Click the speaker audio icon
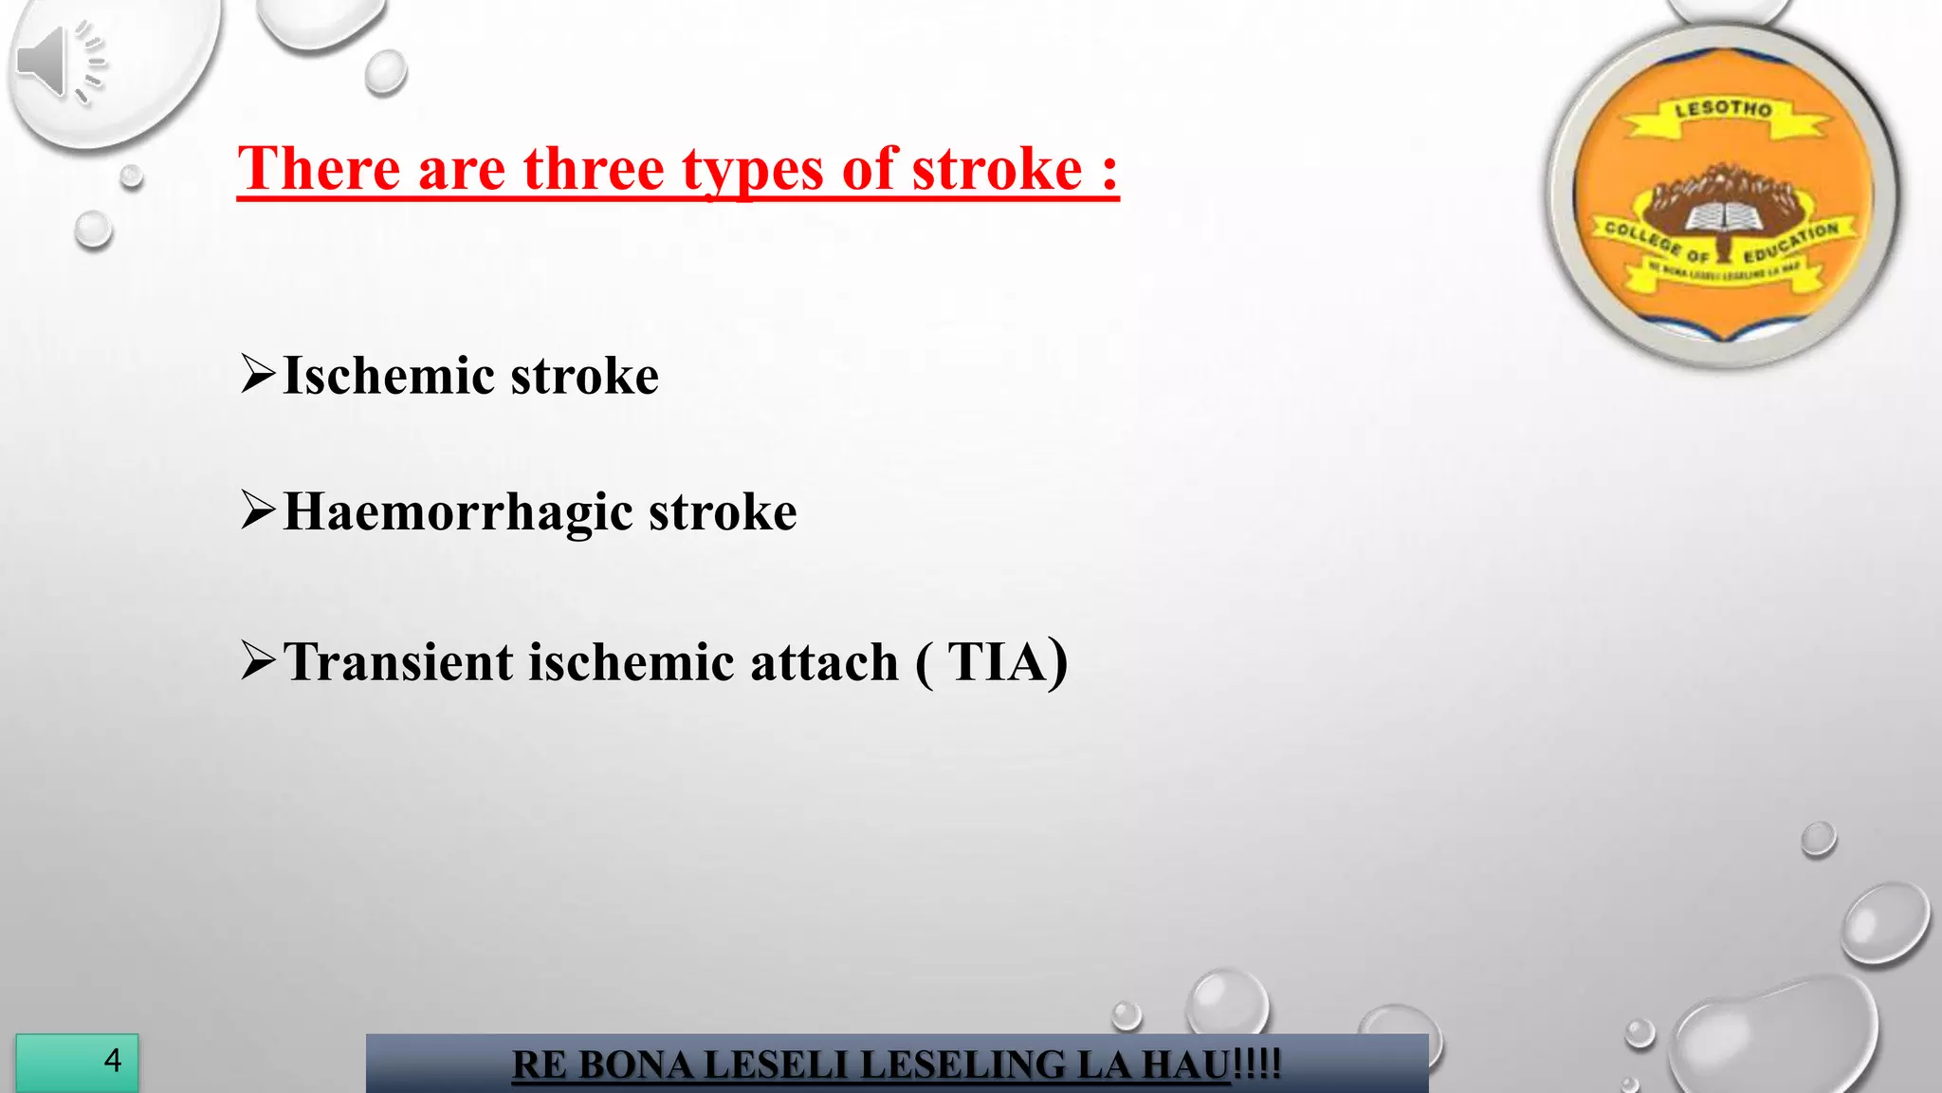pos(59,63)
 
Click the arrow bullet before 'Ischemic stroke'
pos(258,374)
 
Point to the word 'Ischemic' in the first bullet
pos(388,376)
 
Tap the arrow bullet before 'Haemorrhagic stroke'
pos(258,510)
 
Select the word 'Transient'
pos(398,662)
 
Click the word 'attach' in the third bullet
pos(824,662)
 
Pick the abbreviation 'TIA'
pos(997,662)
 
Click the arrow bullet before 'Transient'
pos(258,660)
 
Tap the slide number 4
pos(113,1060)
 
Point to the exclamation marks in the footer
pos(1257,1065)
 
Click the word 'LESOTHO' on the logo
pos(1723,109)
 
